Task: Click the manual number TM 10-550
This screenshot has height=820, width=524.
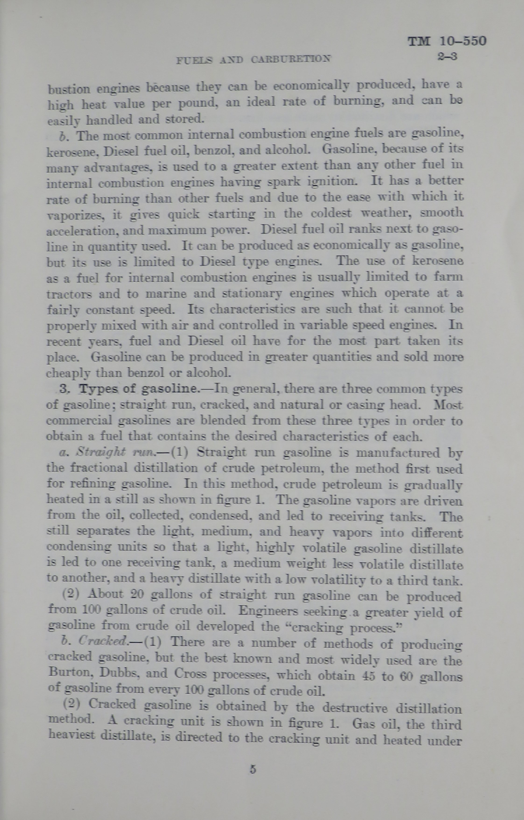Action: point(447,41)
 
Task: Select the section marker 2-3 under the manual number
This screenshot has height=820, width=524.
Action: point(447,57)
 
